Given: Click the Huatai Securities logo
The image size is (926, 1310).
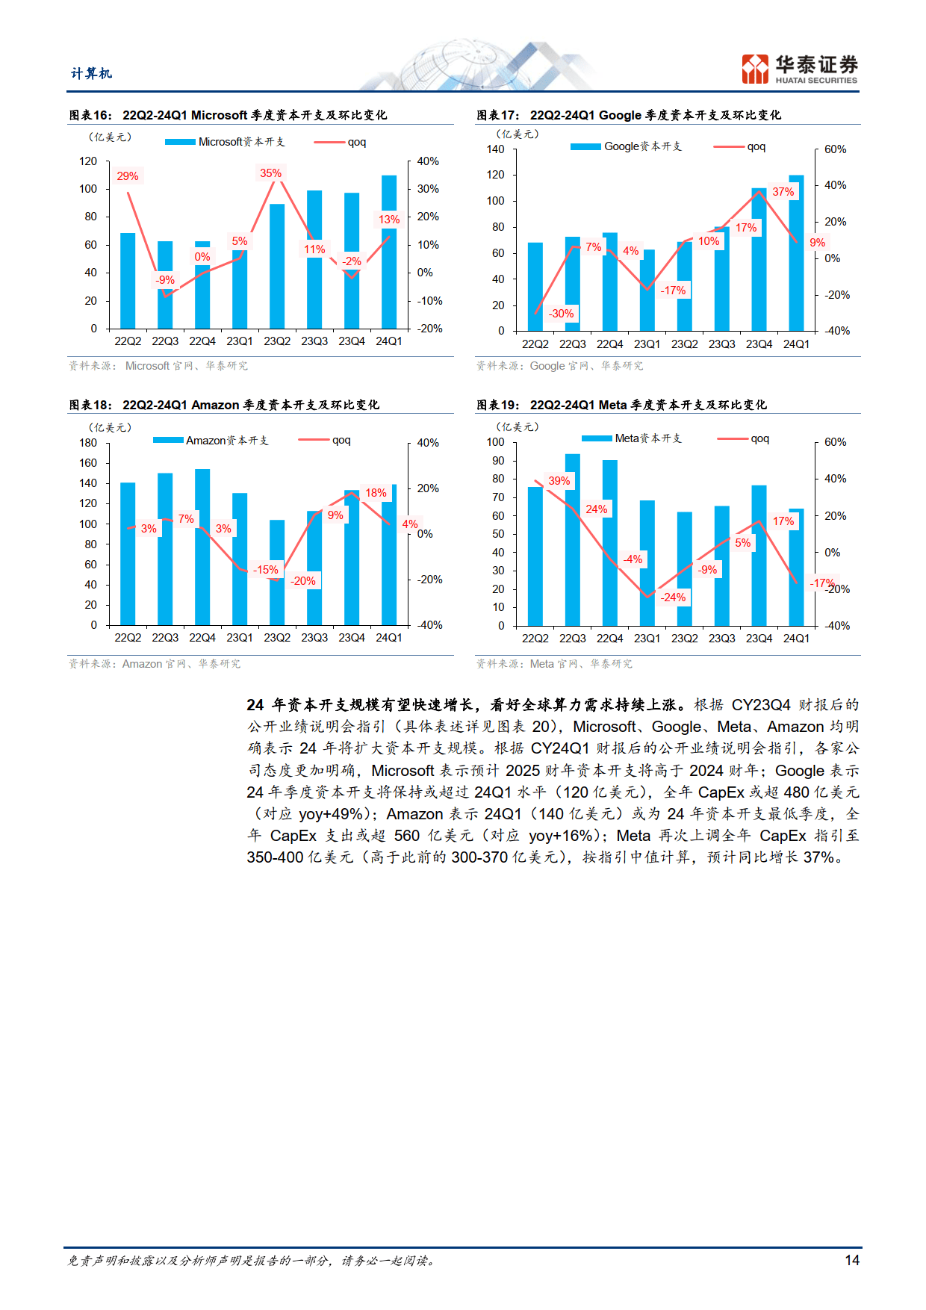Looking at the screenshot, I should pyautogui.click(x=799, y=69).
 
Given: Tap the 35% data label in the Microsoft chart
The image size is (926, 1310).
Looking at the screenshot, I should pyautogui.click(x=270, y=173).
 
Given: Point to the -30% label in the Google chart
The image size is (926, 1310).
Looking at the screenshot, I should pyautogui.click(x=562, y=314).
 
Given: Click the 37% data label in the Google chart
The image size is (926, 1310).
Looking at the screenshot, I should pyautogui.click(x=783, y=192).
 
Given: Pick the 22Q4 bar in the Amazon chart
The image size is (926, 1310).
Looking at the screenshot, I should pyautogui.click(x=202, y=547).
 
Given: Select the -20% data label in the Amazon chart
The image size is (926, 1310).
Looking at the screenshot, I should pyautogui.click(x=303, y=581).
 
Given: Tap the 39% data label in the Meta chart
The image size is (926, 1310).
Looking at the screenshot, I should pyautogui.click(x=559, y=481).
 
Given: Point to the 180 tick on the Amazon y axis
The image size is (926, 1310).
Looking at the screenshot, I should pyautogui.click(x=88, y=443).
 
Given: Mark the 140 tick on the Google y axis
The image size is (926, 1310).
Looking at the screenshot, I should pyautogui.click(x=495, y=149).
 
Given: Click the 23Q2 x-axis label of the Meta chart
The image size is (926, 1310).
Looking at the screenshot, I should pyautogui.click(x=684, y=639).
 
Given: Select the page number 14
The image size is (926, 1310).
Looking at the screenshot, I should pyautogui.click(x=852, y=1261).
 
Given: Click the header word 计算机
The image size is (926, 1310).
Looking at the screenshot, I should pyautogui.click(x=91, y=73).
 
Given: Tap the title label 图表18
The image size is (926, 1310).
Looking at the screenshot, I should pyautogui.click(x=90, y=405).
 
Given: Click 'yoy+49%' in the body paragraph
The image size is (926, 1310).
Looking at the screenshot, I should pyautogui.click(x=332, y=814).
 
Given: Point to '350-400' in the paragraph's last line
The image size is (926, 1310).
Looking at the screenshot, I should pyautogui.click(x=275, y=857).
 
